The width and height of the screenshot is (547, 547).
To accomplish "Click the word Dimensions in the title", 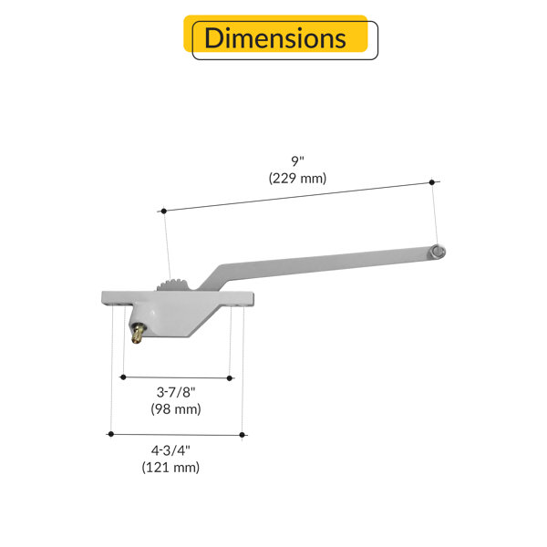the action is pyautogui.click(x=275, y=37).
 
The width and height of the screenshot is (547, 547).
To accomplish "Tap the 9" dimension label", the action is pyautogui.click(x=297, y=161).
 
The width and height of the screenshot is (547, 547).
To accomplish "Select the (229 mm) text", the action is pyautogui.click(x=297, y=178).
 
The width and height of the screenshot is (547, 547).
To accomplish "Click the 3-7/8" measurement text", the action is pyautogui.click(x=176, y=392).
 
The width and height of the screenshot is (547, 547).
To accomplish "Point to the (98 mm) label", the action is pyautogui.click(x=176, y=408).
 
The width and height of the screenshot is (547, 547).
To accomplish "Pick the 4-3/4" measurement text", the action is pyautogui.click(x=170, y=450).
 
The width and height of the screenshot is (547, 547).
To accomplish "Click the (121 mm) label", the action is pyautogui.click(x=170, y=467).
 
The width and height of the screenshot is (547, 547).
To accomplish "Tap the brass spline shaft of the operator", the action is pyautogui.click(x=138, y=334).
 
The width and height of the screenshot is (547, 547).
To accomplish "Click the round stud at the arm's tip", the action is pyautogui.click(x=438, y=253).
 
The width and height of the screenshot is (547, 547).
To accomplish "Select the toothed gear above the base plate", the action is pyautogui.click(x=173, y=284).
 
